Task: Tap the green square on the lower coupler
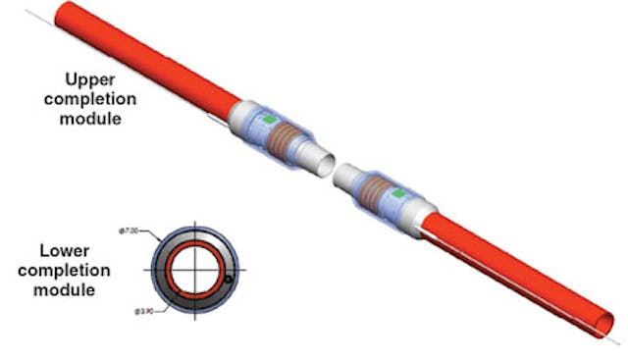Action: point(397,195)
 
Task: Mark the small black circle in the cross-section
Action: point(228,281)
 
